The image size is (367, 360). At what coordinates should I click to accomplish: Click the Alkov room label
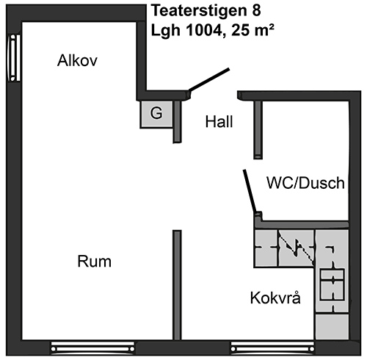[77, 60]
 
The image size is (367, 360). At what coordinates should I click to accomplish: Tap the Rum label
[95, 262]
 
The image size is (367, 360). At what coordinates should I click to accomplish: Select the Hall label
[219, 122]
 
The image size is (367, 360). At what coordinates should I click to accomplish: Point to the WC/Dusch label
[305, 183]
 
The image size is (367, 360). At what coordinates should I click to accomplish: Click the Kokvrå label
[275, 298]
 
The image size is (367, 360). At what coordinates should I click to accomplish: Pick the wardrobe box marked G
[156, 114]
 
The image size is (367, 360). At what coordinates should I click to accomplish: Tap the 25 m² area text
[252, 30]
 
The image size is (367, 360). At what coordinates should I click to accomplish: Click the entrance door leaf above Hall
[209, 79]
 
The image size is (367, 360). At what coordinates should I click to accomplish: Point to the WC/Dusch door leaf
[250, 191]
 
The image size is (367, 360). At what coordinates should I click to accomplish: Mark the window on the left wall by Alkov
[14, 58]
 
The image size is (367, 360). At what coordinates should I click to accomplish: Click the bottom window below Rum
[93, 348]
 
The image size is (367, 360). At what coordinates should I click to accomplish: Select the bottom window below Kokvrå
[272, 348]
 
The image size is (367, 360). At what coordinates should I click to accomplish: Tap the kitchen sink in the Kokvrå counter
[332, 284]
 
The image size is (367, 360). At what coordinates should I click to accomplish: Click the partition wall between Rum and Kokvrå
[177, 285]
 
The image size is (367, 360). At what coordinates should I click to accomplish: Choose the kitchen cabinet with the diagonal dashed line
[297, 248]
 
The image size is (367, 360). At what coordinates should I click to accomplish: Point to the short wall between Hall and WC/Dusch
[258, 130]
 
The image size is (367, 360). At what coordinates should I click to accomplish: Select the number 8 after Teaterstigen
[256, 11]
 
